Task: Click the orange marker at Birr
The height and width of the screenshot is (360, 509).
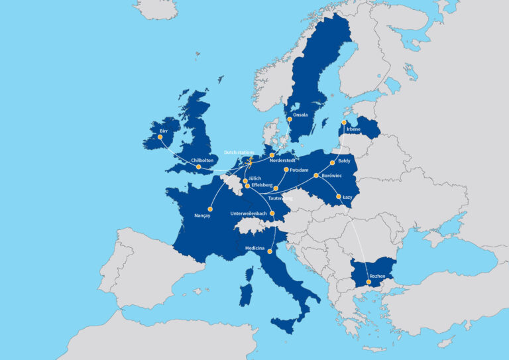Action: click(160, 137)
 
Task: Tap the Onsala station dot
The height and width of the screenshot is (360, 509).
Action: click(289, 120)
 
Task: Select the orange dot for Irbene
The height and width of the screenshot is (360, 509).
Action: click(344, 123)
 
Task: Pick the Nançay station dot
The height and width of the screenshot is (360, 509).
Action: click(209, 206)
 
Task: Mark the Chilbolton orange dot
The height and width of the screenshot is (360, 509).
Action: click(198, 166)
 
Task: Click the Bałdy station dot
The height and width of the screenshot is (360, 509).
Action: click(332, 162)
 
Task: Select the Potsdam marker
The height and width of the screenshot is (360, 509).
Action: click(286, 170)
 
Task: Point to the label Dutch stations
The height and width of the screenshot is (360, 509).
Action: click(239, 152)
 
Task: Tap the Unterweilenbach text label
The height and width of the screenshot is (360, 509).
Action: click(249, 213)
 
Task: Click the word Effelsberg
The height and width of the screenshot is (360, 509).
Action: click(262, 186)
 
